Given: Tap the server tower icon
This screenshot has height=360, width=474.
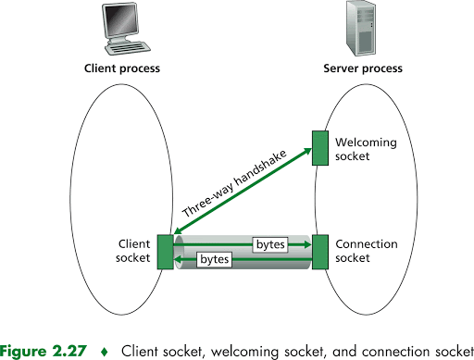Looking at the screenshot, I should (x=362, y=27).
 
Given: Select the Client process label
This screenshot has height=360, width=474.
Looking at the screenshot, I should (x=122, y=68).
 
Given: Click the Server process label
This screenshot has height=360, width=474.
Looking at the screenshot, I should (x=362, y=68).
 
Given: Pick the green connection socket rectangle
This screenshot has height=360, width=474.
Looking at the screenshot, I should (x=319, y=252).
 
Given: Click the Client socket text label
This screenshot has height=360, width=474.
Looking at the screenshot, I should (x=134, y=252).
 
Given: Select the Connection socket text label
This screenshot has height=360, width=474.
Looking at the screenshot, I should (x=367, y=252).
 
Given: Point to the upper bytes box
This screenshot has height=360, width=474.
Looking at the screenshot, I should (x=269, y=244).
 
